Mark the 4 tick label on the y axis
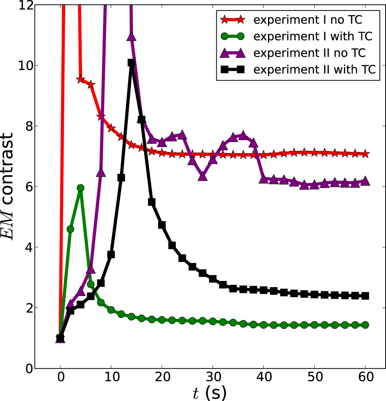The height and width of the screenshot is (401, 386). (x=26, y=247)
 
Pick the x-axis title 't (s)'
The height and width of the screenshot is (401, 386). (x=209, y=393)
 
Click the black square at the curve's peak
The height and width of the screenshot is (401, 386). (x=131, y=63)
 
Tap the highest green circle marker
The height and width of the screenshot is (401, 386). (x=81, y=188)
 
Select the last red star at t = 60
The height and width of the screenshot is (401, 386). (x=365, y=154)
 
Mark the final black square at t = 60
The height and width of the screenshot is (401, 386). (x=365, y=296)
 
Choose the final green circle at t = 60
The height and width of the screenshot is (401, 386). (x=365, y=325)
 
